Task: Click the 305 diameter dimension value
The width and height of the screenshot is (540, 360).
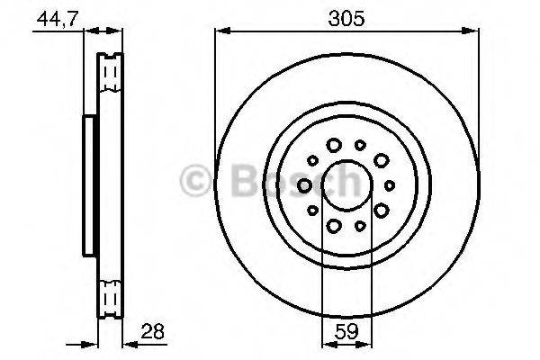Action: (346, 19)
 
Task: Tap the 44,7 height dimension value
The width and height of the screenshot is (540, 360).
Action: (58, 19)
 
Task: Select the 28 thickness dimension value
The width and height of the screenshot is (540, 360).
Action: (153, 332)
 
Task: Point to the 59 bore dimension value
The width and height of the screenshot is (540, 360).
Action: (346, 332)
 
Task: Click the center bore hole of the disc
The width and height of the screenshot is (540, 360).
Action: (346, 185)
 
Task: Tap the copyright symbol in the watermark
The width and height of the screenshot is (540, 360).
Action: (195, 181)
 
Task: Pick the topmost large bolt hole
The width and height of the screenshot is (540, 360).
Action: (334, 145)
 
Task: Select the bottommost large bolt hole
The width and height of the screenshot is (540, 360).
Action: (334, 226)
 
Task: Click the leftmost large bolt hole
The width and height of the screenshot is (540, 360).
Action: (304, 185)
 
